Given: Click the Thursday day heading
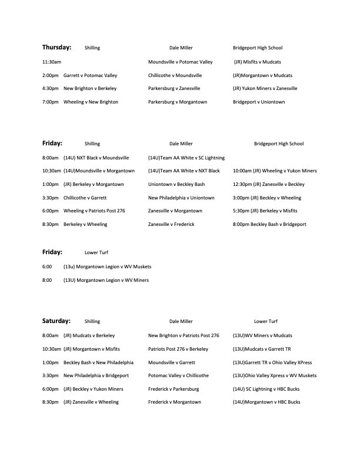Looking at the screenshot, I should [x=56, y=47].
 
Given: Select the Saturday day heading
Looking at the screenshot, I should [x=56, y=321].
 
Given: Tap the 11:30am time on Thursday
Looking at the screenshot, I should [x=52, y=62].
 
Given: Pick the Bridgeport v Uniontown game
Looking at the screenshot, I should [x=259, y=102].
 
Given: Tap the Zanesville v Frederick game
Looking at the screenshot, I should [x=171, y=224].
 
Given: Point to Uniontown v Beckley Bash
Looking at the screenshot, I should [x=176, y=184].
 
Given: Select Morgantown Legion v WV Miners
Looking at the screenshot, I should [x=106, y=280].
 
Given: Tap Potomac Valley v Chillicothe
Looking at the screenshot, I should [x=178, y=375].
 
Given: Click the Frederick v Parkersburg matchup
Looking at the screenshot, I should [x=174, y=389].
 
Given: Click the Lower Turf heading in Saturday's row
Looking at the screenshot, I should [x=265, y=322].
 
